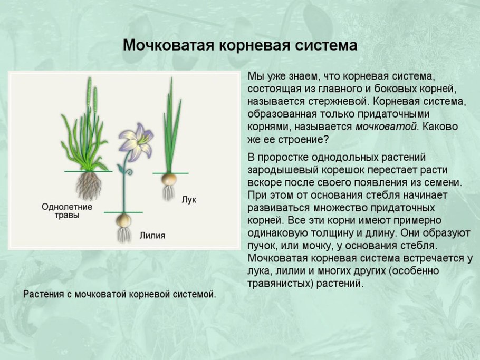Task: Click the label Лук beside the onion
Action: (188, 199)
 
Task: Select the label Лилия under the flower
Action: (152, 236)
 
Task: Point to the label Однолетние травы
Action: (67, 211)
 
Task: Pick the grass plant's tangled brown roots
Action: (89, 186)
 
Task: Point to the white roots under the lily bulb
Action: (124, 234)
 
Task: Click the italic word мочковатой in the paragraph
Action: (386, 127)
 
